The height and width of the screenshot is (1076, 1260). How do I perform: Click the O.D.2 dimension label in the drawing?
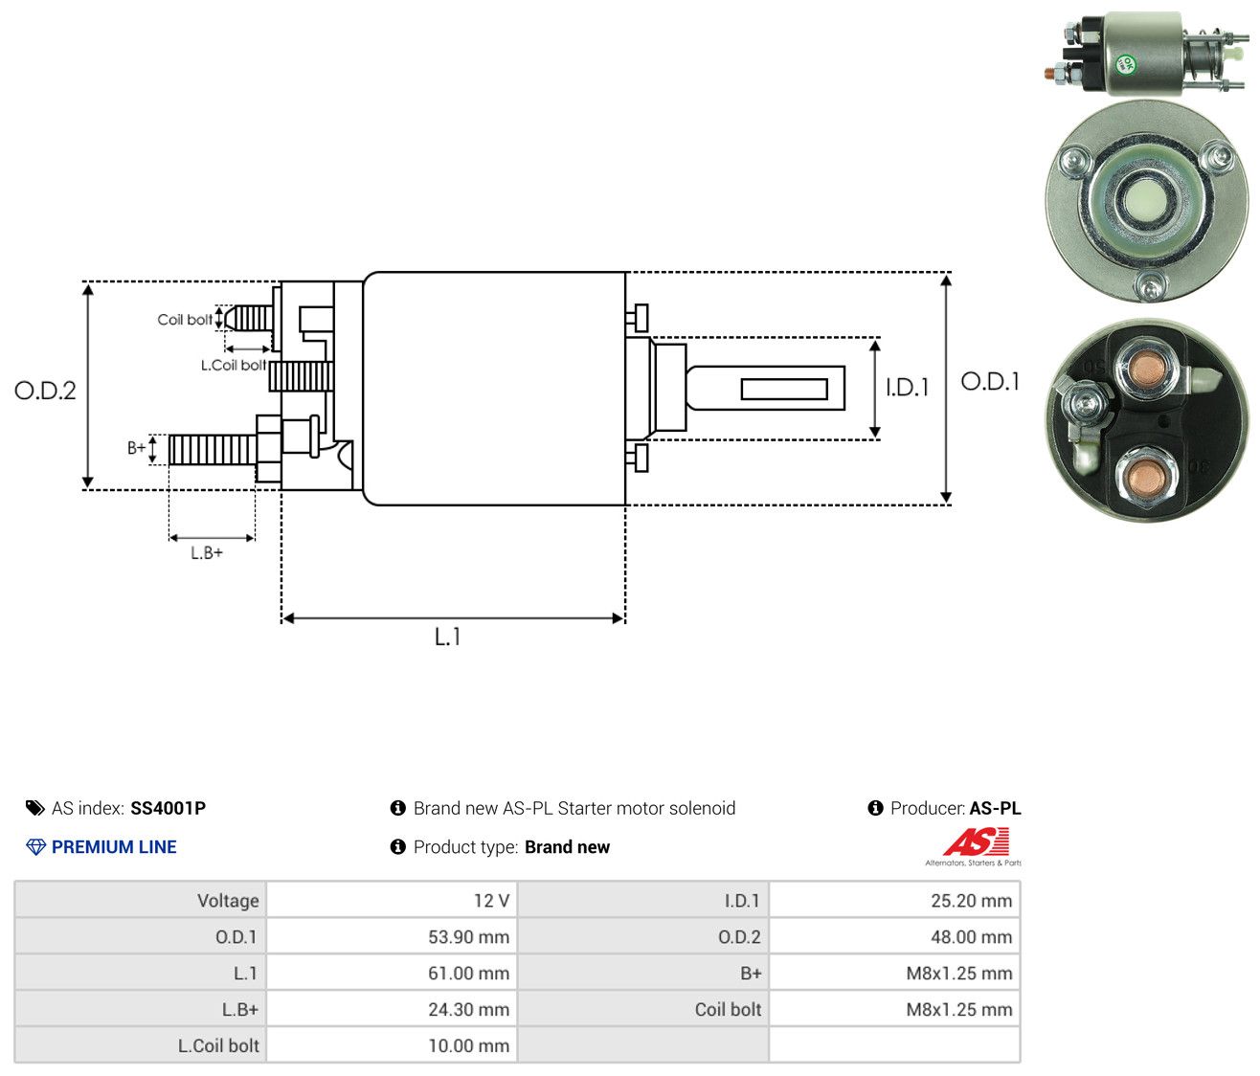pyautogui.click(x=45, y=391)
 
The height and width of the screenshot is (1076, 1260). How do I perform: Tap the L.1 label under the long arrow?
pyautogui.click(x=447, y=637)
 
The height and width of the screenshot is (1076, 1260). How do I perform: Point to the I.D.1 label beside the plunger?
pyautogui.click(x=907, y=388)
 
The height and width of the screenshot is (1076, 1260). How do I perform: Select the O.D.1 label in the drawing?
pyautogui.click(x=990, y=382)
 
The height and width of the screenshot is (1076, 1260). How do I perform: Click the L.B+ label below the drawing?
pyautogui.click(x=207, y=553)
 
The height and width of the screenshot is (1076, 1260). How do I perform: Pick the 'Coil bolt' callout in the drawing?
pyautogui.click(x=185, y=320)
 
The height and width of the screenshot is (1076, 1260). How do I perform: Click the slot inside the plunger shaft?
pyautogui.click(x=784, y=389)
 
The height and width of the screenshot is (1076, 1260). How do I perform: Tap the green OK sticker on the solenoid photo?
pyautogui.click(x=1125, y=65)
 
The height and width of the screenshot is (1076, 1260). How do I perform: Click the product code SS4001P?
pyautogui.click(x=169, y=808)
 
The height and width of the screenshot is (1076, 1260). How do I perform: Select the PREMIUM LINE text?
pyautogui.click(x=114, y=847)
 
